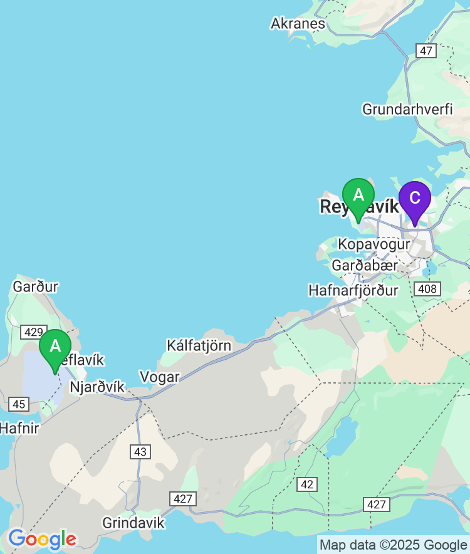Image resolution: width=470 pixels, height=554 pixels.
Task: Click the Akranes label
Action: click(298, 24)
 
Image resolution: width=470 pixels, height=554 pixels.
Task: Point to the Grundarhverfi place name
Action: click(407, 109)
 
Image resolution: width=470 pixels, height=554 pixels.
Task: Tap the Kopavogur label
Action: click(373, 244)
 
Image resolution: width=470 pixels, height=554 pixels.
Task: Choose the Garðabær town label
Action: click(365, 266)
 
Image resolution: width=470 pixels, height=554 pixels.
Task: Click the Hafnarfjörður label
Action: click(353, 291)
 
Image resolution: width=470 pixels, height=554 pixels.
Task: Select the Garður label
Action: click(35, 287)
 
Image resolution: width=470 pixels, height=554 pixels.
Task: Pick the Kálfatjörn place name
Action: click(199, 345)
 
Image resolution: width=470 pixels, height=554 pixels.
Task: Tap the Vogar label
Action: click(160, 377)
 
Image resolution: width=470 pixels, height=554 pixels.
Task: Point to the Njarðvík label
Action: click(97, 387)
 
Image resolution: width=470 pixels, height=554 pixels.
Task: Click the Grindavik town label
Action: click(133, 523)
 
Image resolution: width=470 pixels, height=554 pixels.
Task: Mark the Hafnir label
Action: click(19, 429)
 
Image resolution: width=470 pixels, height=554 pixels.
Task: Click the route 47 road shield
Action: click(426, 51)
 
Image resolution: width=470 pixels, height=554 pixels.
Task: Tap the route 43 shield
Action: click(140, 451)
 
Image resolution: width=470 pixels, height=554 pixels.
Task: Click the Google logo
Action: click(42, 539)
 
